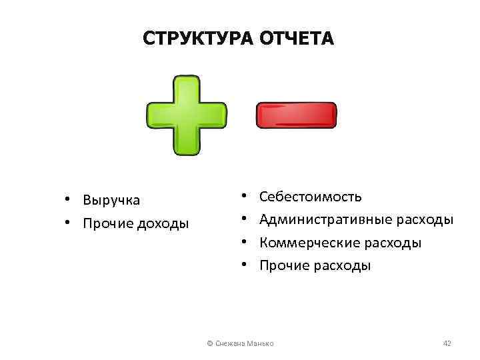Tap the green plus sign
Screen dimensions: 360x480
click(186, 116)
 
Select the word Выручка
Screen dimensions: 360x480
click(111, 200)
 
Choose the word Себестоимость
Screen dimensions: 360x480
click(311, 197)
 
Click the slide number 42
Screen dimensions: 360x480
click(447, 343)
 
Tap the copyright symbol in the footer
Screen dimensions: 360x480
click(210, 343)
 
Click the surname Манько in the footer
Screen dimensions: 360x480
click(261, 343)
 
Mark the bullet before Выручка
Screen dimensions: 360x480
click(67, 200)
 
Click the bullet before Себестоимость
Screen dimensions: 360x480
click(245, 197)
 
